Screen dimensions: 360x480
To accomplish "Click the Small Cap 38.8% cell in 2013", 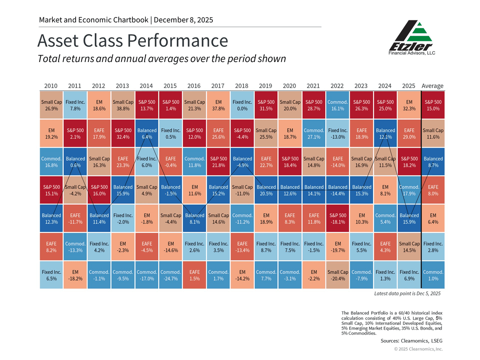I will pyautogui.click(x=123, y=105).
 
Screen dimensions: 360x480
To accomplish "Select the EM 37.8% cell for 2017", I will pyautogui.click(x=218, y=105).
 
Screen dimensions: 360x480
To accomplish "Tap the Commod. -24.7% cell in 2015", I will pyautogui.click(x=171, y=275).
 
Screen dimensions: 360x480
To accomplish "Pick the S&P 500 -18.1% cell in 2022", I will pyautogui.click(x=338, y=218).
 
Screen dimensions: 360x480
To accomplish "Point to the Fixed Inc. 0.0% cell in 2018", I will pyautogui.click(x=242, y=105).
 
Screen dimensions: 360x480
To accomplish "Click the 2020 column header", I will pyautogui.click(x=290, y=86).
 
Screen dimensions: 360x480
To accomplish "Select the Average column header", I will pyautogui.click(x=432, y=86).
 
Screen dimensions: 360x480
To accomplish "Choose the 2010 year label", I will pyautogui.click(x=51, y=86).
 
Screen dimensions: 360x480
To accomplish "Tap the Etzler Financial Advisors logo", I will pyautogui.click(x=412, y=38).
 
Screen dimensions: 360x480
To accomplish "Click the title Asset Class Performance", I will pyautogui.click(x=132, y=41).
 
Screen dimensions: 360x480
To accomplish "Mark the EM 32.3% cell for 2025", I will pyautogui.click(x=409, y=105).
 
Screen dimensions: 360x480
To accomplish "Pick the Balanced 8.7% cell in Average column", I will pyautogui.click(x=433, y=162).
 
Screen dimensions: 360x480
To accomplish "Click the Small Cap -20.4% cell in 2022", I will pyautogui.click(x=338, y=275).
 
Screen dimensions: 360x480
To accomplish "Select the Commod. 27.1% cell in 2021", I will pyautogui.click(x=314, y=134).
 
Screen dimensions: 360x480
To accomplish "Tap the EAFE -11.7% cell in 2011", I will pyautogui.click(x=75, y=218).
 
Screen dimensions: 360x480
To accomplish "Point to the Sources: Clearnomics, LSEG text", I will pyautogui.click(x=412, y=341).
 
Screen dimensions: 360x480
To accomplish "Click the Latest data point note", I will pyautogui.click(x=407, y=294).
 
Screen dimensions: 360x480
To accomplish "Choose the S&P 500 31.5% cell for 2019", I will pyautogui.click(x=266, y=105).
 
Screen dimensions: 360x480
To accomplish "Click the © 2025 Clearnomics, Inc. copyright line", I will pyautogui.click(x=418, y=349).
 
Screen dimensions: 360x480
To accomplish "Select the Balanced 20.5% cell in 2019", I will pyautogui.click(x=266, y=190).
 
